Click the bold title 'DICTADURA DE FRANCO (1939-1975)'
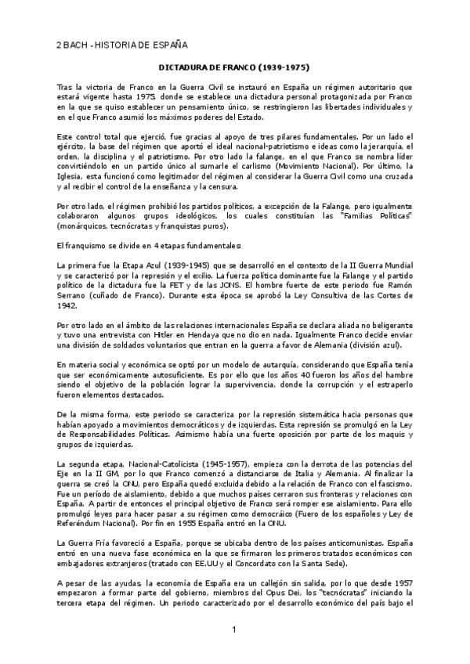click(235, 68)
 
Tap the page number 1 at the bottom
click(234, 631)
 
